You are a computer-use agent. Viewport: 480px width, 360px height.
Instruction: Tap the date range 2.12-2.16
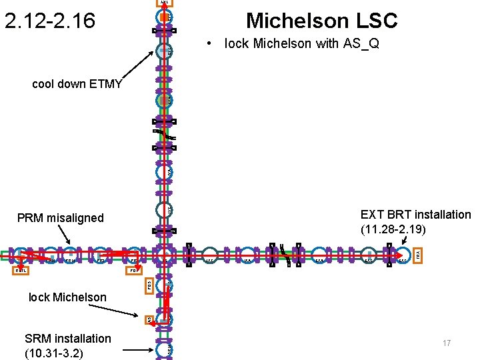[50, 21]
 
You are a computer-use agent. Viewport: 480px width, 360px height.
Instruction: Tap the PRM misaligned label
[61, 218]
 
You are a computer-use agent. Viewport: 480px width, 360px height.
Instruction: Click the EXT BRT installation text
[415, 215]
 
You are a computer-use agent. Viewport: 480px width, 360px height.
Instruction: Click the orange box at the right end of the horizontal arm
[418, 254]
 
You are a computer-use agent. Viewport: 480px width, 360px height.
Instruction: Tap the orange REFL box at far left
[22, 271]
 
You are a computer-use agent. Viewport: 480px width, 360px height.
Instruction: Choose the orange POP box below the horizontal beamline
[134, 271]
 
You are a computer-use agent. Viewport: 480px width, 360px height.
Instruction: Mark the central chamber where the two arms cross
[164, 255]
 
